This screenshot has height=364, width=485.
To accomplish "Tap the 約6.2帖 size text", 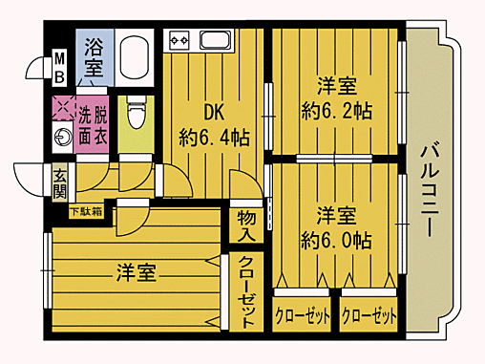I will point(336,109).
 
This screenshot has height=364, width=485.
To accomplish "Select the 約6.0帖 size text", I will point(335,240).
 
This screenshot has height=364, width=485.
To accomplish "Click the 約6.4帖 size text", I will point(215,139).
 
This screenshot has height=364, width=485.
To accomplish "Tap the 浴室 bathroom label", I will point(94,57).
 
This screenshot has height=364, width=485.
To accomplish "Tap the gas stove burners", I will point(180,41).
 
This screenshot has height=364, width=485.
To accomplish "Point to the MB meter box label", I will point(58,67).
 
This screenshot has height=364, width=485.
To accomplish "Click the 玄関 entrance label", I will point(59,182).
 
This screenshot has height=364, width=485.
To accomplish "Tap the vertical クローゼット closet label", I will point(245,292).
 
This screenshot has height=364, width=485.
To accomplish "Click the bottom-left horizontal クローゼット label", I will point(302,315).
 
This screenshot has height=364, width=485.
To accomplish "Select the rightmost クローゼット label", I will point(368,315).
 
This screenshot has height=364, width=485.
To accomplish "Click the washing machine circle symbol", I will point(62,135).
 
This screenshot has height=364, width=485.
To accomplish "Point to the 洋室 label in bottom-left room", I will point(135,272).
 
